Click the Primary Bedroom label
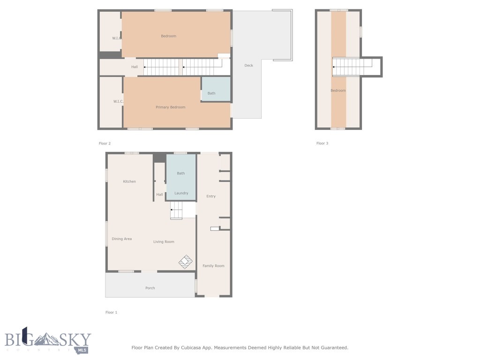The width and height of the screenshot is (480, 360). coord(170,107)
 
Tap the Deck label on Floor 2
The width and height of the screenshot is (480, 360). coord(248,66)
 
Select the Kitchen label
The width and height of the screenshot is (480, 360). coord(129,181)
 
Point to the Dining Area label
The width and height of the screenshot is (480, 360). coord(121,239)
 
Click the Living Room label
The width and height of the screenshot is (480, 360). coord(164,242)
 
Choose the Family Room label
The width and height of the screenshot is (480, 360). coord(213,266)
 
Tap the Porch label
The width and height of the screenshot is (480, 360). coord(150,288)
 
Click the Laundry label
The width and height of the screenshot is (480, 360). coord(181,193)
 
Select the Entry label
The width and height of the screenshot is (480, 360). coord(211,196)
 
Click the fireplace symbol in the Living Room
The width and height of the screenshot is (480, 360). coord(186,262)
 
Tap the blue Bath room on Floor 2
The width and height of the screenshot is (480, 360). coord(216,89)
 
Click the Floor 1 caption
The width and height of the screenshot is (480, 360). coord(111,312)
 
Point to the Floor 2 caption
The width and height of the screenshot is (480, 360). coord(105,143)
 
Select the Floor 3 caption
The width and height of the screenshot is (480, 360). coord(322,143)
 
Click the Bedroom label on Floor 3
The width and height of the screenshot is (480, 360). coord(338,90)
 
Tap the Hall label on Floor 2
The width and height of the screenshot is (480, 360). coord(135,67)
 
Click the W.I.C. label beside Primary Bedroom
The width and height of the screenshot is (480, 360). coord(118,101)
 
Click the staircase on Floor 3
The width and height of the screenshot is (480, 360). coord(352,67)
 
